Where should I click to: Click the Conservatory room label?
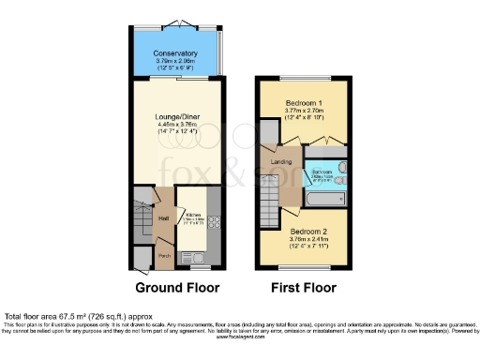pyautogui.click(x=175, y=53)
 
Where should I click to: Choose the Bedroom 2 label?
pyautogui.click(x=308, y=230)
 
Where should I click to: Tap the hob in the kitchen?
pyautogui.click(x=213, y=223)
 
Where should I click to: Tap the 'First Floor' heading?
pyautogui.click(x=305, y=288)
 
